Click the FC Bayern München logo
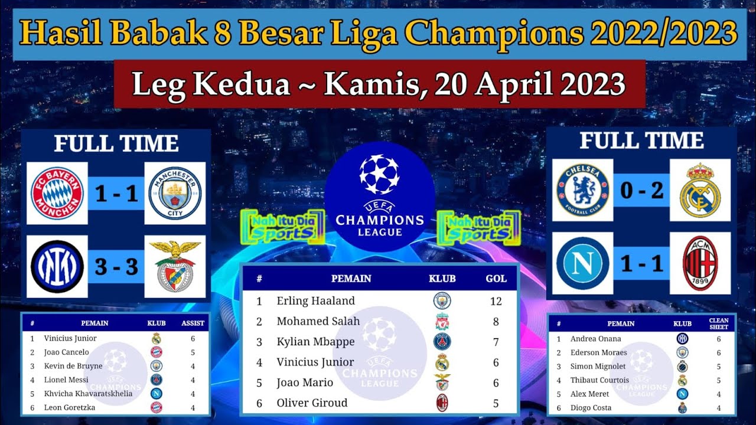click(57, 193)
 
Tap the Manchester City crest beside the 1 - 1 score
click(175, 193)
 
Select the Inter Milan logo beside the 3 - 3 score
click(57, 266)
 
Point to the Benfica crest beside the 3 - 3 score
click(175, 266)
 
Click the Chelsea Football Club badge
click(583, 190)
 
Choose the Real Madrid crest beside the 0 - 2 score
click(700, 190)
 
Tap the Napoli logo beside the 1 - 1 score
click(583, 263)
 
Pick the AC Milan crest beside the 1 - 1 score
click(700, 263)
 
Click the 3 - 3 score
click(116, 267)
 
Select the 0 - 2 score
click(641, 191)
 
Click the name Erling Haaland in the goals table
click(315, 301)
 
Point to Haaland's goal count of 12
click(496, 301)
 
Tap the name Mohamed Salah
click(318, 322)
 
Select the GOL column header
click(496, 279)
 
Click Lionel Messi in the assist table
click(66, 380)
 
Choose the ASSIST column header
click(193, 323)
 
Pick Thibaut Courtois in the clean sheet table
click(599, 380)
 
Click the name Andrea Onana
click(595, 339)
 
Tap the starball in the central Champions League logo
click(379, 174)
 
